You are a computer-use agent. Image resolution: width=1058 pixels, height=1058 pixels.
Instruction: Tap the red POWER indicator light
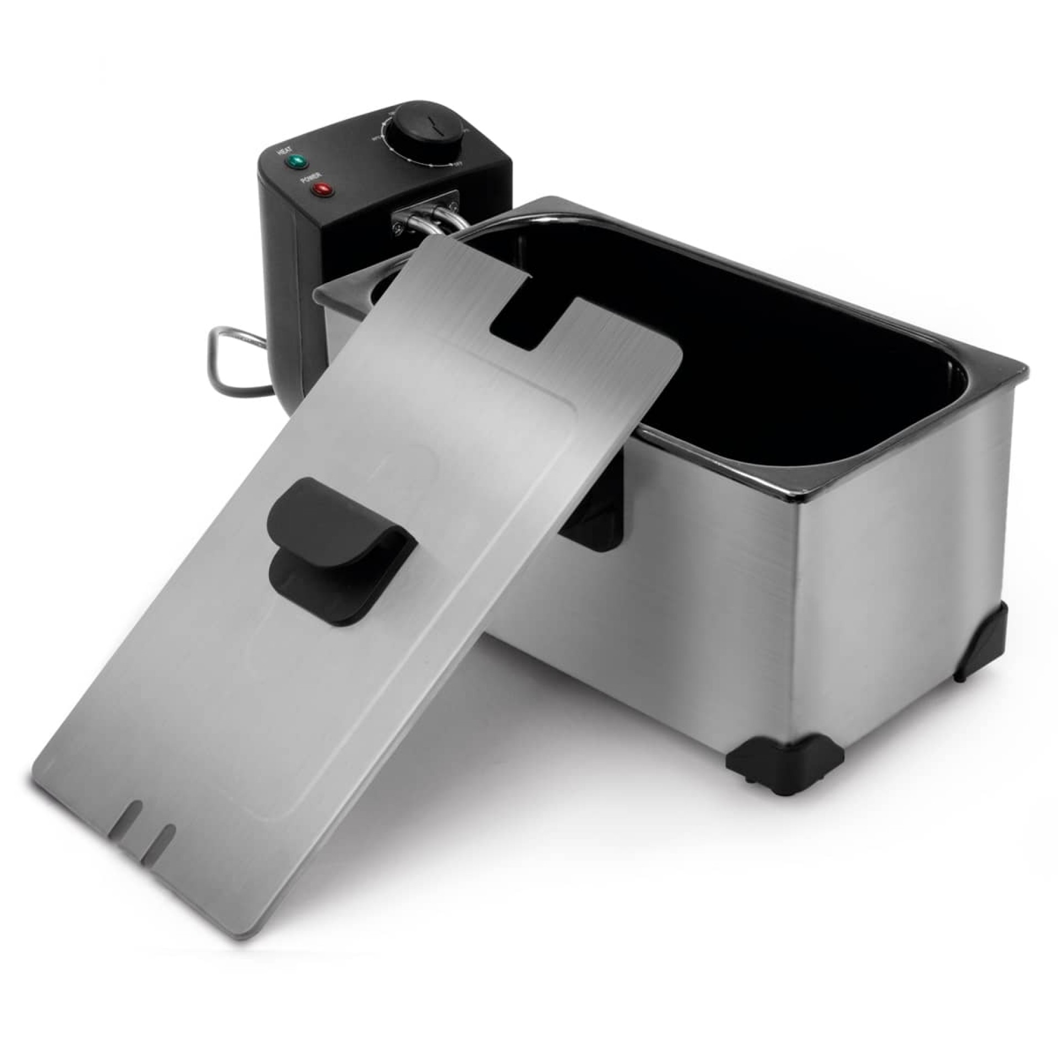(x=321, y=191)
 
